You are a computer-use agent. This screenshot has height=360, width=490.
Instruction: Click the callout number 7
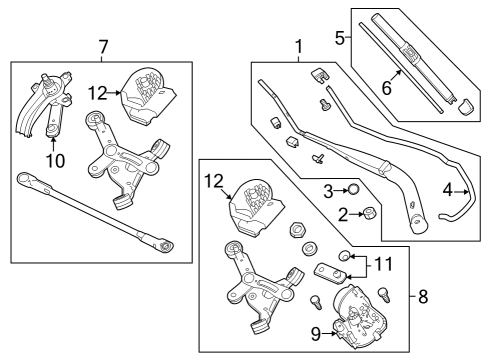[x=103, y=47]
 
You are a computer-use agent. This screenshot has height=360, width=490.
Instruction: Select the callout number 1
[x=299, y=47]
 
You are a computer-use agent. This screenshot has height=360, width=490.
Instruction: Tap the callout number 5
[x=340, y=38]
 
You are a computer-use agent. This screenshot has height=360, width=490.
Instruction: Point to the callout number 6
[x=387, y=88]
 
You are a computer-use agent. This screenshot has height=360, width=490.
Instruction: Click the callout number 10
[x=56, y=161]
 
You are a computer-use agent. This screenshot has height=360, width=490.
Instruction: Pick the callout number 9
[x=316, y=334]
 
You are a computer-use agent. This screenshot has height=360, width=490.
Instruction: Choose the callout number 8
[x=423, y=296]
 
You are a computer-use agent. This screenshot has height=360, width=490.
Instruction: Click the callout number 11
[x=384, y=265]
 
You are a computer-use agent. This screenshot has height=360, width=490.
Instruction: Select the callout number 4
[x=448, y=191]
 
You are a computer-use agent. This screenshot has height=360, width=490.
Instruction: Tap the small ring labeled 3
[x=353, y=190]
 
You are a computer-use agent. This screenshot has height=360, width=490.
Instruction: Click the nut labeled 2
[x=370, y=213]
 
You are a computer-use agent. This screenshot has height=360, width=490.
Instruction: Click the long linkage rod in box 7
[x=96, y=211]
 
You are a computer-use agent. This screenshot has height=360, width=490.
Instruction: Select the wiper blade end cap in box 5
[x=466, y=106]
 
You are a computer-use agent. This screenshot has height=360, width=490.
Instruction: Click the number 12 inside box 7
[x=98, y=93]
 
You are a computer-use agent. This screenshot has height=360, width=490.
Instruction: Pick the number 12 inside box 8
[x=214, y=182]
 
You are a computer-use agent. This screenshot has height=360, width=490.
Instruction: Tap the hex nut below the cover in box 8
[x=296, y=230]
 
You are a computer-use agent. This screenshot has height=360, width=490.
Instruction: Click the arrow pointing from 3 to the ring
[x=341, y=191]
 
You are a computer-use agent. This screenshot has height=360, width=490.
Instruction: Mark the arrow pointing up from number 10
[x=53, y=144]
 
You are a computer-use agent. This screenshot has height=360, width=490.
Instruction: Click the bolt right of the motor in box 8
[x=384, y=295]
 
